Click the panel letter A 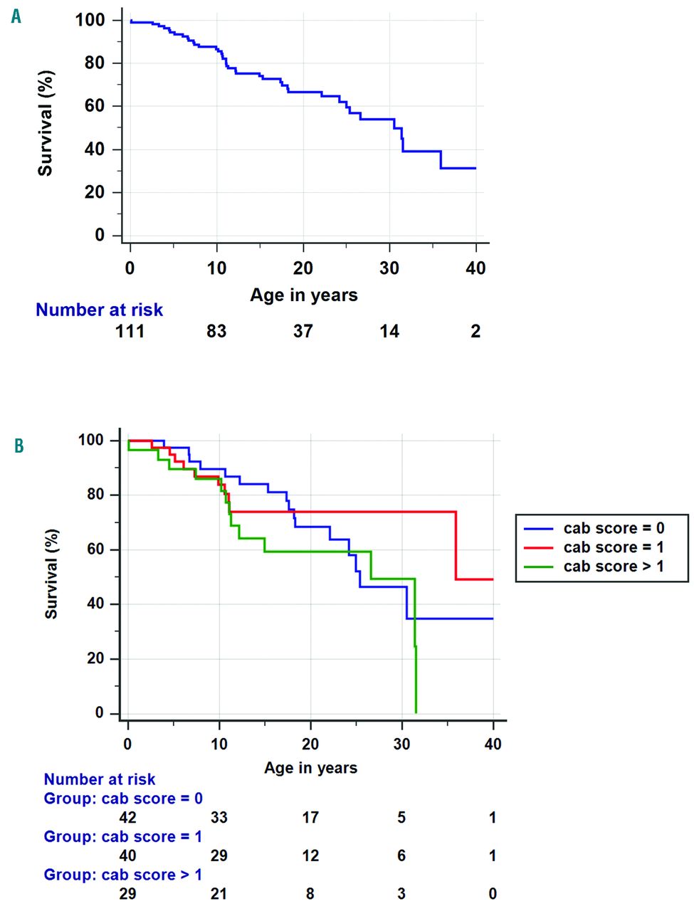16,16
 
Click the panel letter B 19,446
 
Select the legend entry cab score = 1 613,547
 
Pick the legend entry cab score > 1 613,567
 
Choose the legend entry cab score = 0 613,528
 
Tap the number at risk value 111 130,331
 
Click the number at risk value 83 216,331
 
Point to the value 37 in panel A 303,331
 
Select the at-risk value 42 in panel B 127,818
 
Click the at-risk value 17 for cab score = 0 310,818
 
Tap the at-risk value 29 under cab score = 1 219,855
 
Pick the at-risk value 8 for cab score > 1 310,894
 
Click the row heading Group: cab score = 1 123,837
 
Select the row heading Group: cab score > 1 123,875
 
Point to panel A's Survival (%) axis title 46,123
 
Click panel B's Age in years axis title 310,768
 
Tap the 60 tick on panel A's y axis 95,106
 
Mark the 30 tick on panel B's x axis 401,744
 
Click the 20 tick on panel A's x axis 303,268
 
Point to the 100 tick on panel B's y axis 91,440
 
